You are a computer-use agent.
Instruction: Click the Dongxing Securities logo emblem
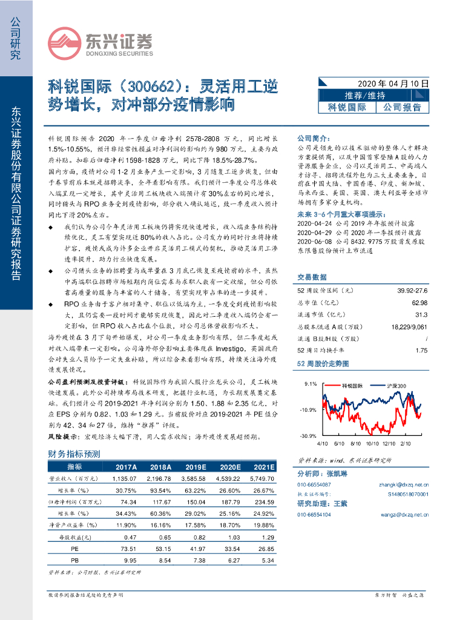tap(64, 42)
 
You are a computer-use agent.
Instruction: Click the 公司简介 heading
tap(312, 138)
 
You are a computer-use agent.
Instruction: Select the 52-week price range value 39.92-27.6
tap(412, 291)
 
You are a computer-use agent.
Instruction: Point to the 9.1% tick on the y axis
tap(311, 384)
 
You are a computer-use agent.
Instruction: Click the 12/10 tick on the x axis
tap(389, 443)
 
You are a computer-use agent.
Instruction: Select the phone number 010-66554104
tap(314, 514)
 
